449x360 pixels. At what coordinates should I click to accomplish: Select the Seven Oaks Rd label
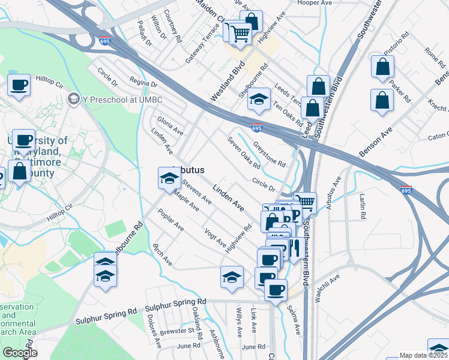click(x=244, y=152)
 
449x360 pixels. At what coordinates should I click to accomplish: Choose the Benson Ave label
click(x=375, y=142)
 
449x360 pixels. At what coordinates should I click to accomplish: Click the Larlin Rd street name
click(x=363, y=206)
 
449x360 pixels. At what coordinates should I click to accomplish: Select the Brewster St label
click(x=178, y=331)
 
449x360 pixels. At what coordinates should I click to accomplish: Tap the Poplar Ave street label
click(x=171, y=220)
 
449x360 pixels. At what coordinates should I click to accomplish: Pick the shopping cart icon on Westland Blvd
click(x=240, y=34)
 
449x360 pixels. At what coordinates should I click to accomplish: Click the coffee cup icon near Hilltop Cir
click(x=19, y=85)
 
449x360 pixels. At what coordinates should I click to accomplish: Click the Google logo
click(x=20, y=353)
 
